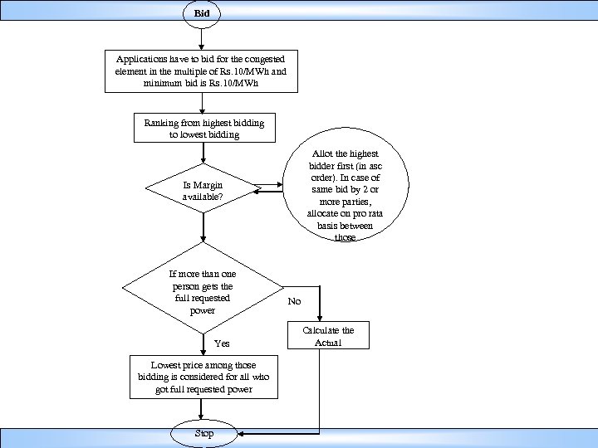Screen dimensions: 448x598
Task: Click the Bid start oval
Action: pos(202,13)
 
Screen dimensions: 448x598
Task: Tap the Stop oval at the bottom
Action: pos(203,434)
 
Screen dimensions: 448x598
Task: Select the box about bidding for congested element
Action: pos(202,71)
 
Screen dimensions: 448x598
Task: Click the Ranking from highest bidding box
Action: pos(203,129)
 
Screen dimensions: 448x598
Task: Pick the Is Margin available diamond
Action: pos(203,191)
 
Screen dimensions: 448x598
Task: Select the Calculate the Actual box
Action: pos(328,336)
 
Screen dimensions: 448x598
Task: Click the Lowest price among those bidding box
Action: pos(204,377)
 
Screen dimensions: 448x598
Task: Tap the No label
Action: pos(295,302)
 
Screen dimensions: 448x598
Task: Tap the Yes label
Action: pos(222,343)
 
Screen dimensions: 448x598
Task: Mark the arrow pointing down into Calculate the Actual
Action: pos(320,307)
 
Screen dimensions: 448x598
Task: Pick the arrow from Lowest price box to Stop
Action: pos(202,411)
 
